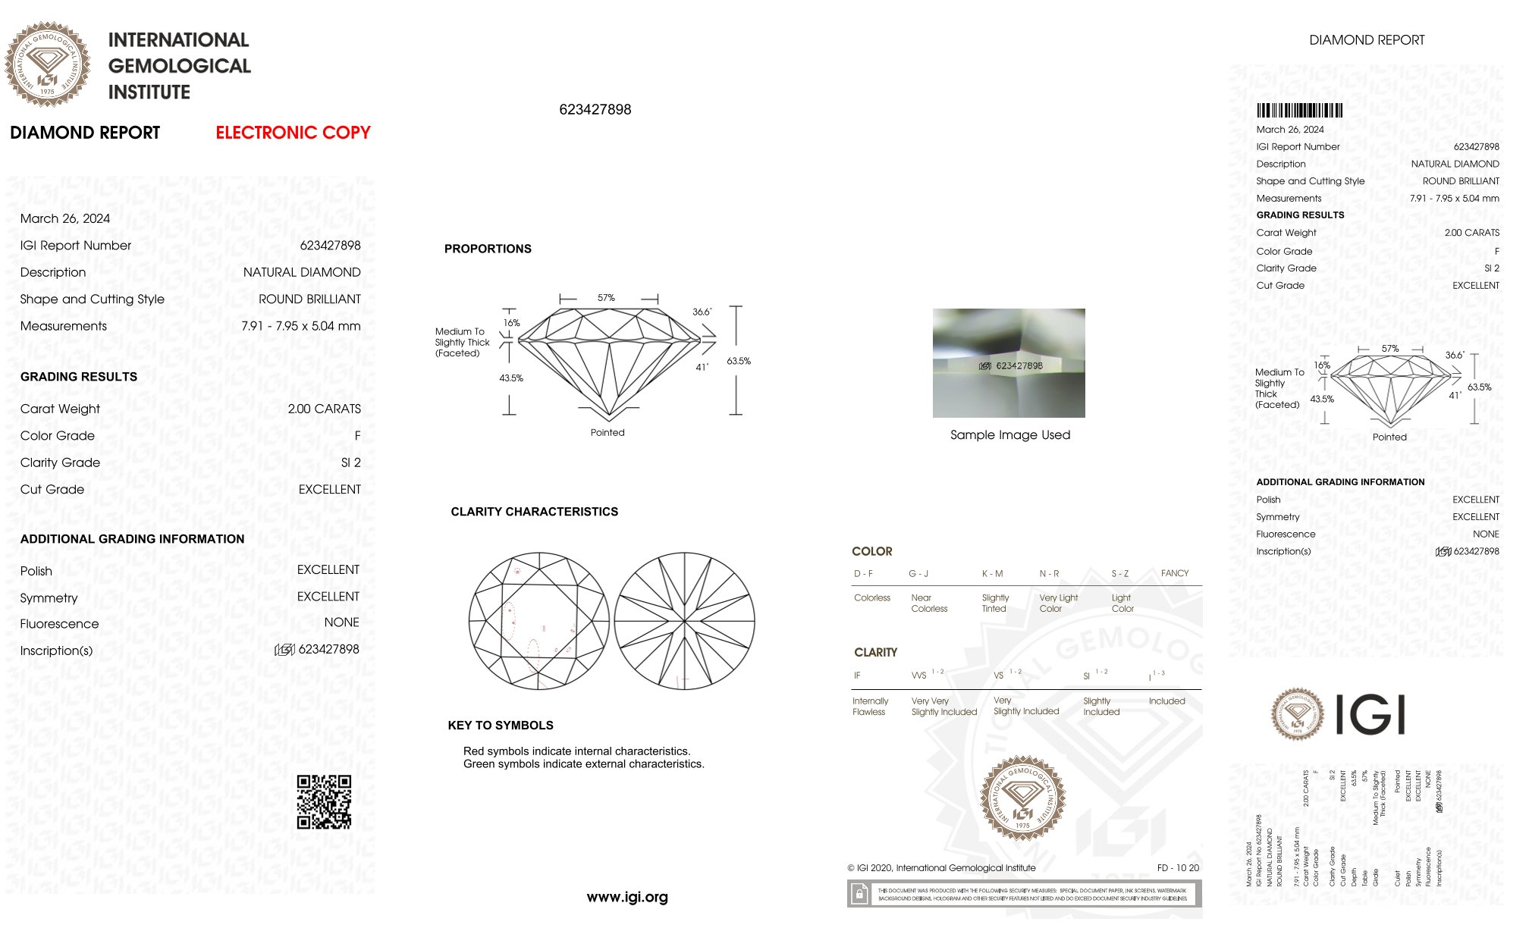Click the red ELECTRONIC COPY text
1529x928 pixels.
[293, 133]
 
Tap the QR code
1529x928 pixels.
[324, 801]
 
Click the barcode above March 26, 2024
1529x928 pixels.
[1299, 111]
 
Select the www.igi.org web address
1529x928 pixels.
[627, 897]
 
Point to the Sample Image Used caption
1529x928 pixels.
[1010, 434]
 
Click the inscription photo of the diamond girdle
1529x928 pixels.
[1009, 362]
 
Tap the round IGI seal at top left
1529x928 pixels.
[47, 64]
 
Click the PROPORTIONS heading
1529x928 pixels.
[488, 249]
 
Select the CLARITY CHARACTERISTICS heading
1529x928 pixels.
[534, 512]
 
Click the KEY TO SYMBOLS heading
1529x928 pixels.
[501, 726]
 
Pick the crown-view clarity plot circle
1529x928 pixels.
[539, 621]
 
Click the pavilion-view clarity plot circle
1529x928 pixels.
[684, 621]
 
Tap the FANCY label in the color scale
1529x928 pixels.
[1174, 573]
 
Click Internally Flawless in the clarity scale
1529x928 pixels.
[870, 707]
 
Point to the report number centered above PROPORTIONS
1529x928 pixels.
[595, 109]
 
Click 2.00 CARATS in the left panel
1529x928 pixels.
[324, 409]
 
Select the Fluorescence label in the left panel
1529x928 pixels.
[59, 624]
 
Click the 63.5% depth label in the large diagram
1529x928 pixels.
[739, 361]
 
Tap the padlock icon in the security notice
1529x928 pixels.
[859, 894]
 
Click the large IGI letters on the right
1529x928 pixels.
[1370, 714]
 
